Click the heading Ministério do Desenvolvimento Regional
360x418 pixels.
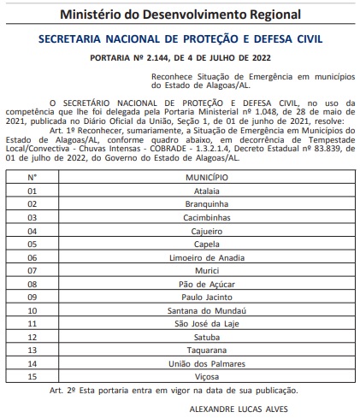click(x=180, y=15)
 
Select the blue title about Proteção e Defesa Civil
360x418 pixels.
click(x=180, y=39)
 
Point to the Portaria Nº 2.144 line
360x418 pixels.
click(x=180, y=59)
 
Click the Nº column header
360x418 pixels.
click(x=32, y=177)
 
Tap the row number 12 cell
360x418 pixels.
click(x=32, y=337)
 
